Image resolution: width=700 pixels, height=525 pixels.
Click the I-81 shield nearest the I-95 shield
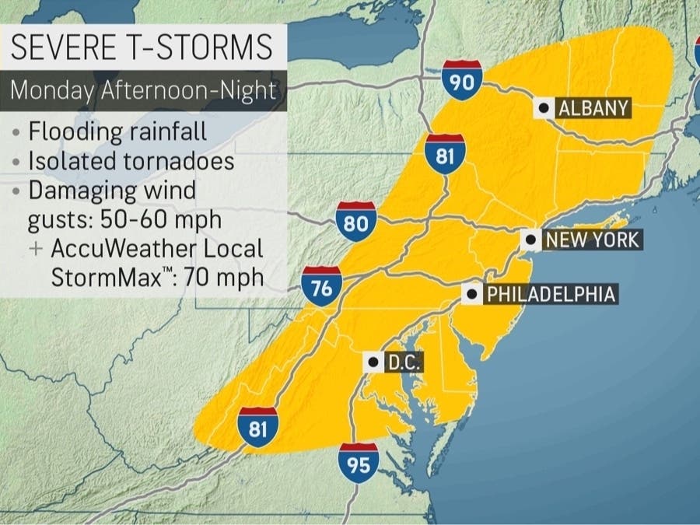tap(258, 425)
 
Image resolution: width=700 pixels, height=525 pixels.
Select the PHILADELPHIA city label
tap(550, 294)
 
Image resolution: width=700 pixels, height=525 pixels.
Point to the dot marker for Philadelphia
tap(471, 294)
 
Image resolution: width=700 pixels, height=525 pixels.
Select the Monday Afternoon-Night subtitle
tap(143, 90)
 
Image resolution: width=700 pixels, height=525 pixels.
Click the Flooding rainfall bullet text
tap(117, 131)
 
